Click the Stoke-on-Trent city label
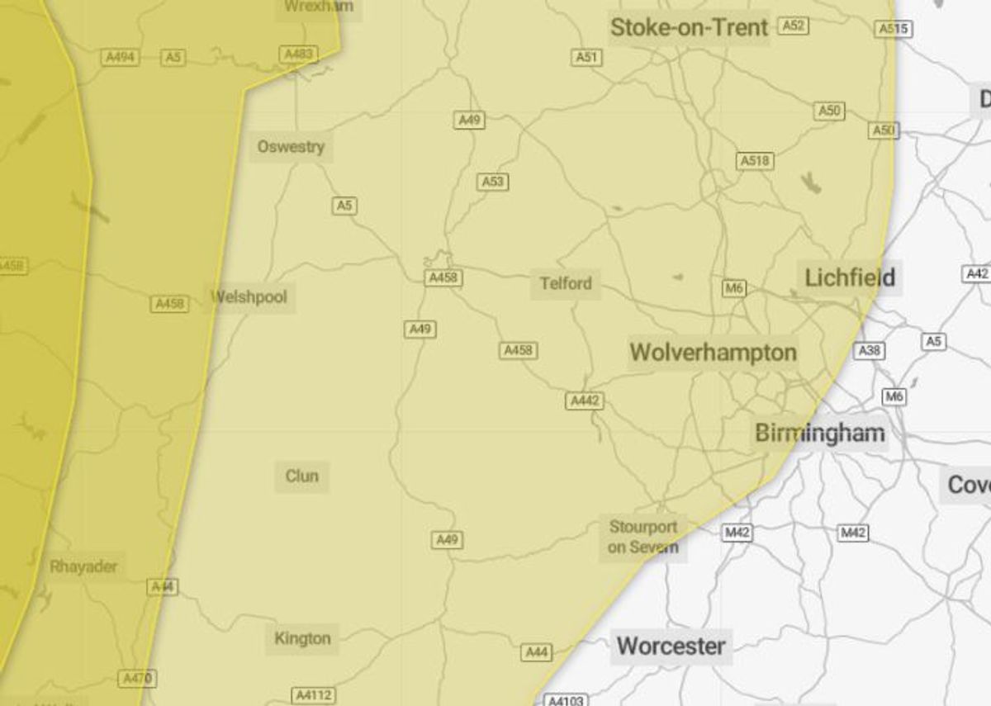tap(689, 27)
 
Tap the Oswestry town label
tap(291, 147)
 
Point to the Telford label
tap(566, 283)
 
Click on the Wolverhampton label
tap(713, 353)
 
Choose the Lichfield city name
tap(850, 277)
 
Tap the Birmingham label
tap(819, 433)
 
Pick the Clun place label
tap(301, 476)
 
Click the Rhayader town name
tap(83, 566)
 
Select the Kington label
tap(302, 638)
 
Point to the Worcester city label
tap(671, 646)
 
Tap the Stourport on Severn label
tap(642, 537)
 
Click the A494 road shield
tap(121, 58)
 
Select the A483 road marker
tap(298, 54)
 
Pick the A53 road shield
tap(492, 182)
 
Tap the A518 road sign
tap(755, 161)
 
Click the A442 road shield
tap(585, 401)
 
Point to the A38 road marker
tap(869, 350)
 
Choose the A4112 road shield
tap(315, 696)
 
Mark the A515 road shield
tap(894, 29)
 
